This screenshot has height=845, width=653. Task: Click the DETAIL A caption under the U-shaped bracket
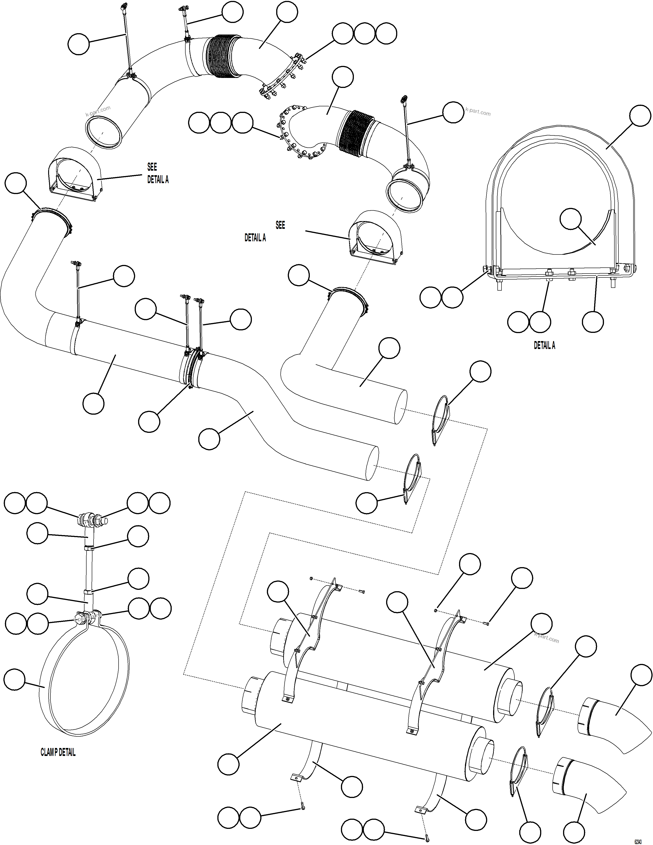(x=544, y=346)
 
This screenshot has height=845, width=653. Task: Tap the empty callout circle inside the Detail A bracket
(x=571, y=219)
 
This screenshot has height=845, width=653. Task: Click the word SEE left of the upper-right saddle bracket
(x=280, y=225)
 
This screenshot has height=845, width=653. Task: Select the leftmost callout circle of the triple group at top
(x=343, y=34)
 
